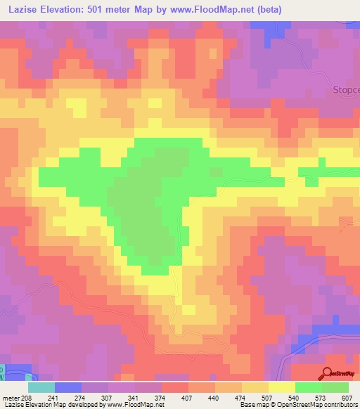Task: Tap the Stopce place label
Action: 345,90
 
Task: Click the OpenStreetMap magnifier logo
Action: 328,374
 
